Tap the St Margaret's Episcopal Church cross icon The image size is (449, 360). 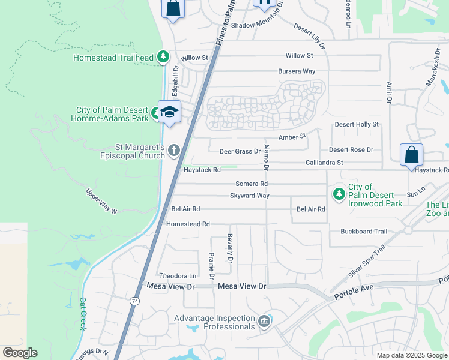click(174, 150)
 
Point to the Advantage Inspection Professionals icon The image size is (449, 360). click(264, 322)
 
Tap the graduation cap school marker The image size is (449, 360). click(170, 112)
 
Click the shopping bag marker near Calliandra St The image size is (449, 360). click(411, 155)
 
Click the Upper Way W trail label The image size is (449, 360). click(101, 202)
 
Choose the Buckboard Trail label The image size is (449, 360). click(364, 231)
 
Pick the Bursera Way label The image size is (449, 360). click(297, 71)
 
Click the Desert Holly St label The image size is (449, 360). click(357, 124)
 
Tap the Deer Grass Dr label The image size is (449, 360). click(240, 152)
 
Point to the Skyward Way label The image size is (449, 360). click(250, 196)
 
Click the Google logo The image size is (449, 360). click(20, 352)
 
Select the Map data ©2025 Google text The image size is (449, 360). click(411, 355)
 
